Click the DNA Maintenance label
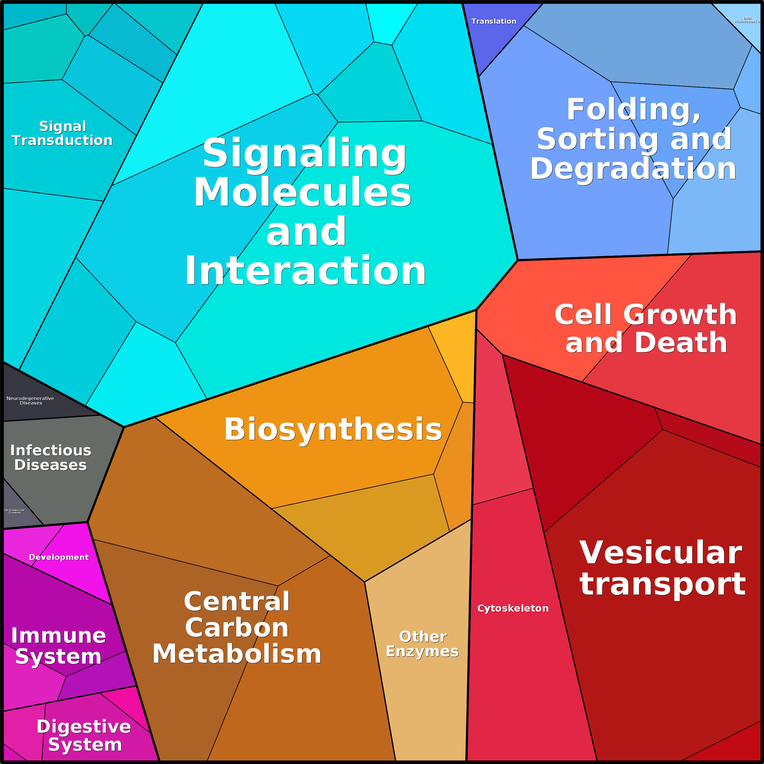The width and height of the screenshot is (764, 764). coord(747,20)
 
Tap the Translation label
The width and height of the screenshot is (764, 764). coord(494,21)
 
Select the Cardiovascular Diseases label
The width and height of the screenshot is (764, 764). coord(14,511)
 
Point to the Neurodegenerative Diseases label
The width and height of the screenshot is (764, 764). coord(30,401)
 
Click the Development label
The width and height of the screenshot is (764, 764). coord(59,557)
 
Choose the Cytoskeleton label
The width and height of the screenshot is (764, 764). coord(513,608)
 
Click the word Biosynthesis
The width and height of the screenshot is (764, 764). coord(333,429)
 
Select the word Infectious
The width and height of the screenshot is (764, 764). coord(50,450)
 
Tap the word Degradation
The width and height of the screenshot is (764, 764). coord(633,169)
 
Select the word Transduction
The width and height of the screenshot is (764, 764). coord(62,141)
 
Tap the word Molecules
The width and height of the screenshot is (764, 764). coord(303,193)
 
